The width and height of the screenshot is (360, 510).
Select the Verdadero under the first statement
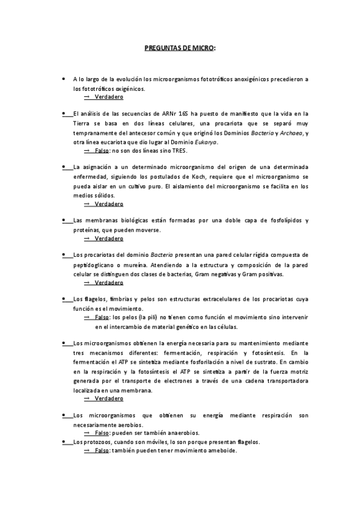(x=109, y=97)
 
